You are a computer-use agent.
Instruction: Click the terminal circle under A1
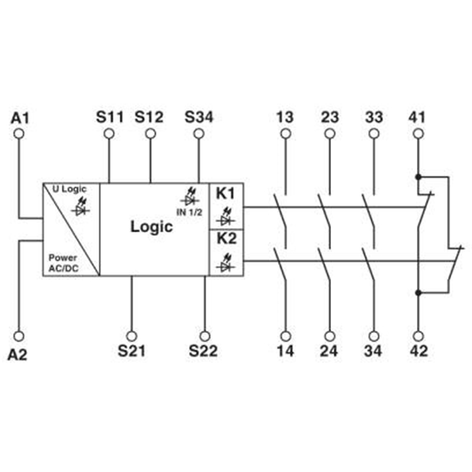point(19,134)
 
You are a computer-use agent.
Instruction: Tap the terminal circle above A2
point(19,336)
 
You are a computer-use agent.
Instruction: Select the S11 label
point(110,117)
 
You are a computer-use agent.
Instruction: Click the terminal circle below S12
point(150,134)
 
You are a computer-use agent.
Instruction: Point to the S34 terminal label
point(199,117)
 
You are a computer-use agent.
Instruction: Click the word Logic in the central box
point(152,227)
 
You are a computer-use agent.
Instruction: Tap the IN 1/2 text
point(189,212)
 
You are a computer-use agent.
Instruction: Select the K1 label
point(225,194)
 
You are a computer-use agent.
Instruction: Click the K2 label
point(227,238)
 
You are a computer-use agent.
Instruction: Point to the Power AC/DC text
point(63,263)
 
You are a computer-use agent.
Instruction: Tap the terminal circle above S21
point(132,336)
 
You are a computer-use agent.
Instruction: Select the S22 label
point(203,350)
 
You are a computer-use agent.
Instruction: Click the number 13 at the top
point(285,117)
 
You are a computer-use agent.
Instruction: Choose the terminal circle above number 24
point(330,336)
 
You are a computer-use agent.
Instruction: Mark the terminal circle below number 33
point(374,134)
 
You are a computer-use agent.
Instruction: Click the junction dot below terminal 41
point(418,176)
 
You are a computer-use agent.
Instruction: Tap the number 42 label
point(419,350)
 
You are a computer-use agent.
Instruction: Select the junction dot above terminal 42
point(418,292)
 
